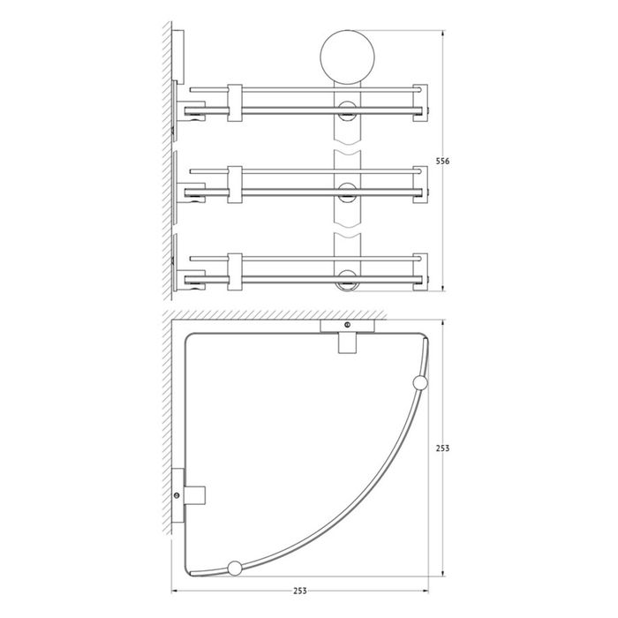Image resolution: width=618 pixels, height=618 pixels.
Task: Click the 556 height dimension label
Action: click(442, 162)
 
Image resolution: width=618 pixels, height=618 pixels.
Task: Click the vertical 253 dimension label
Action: click(442, 448)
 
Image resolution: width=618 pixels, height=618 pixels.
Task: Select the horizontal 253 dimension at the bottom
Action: click(300, 591)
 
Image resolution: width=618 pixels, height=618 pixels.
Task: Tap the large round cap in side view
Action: click(347, 57)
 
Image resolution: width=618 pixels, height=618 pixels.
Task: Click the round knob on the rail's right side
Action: click(420, 383)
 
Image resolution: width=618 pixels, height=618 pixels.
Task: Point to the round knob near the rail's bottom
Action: click(235, 568)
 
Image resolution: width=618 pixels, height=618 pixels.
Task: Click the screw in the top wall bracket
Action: click(347, 325)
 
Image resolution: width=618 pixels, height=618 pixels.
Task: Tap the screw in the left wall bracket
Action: click(177, 495)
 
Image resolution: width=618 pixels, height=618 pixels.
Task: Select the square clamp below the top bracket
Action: click(347, 343)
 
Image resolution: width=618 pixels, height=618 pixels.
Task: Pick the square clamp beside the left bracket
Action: click(195, 495)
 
